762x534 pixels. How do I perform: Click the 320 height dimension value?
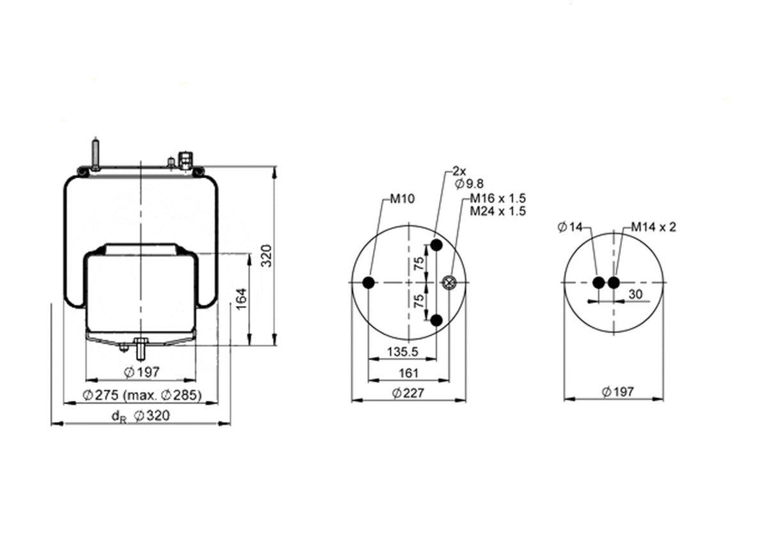tap(266, 255)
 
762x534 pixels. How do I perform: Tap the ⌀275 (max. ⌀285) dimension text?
tap(142, 395)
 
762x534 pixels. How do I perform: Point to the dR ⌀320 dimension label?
tap(141, 416)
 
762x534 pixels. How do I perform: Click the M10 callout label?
tap(402, 198)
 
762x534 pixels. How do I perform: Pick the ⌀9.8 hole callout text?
tap(469, 183)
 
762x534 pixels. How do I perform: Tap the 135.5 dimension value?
tap(402, 351)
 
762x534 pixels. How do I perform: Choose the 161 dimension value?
tap(408, 373)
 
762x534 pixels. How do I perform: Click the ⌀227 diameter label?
tap(408, 392)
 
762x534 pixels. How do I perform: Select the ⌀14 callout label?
tap(570, 227)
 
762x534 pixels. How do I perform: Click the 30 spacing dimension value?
tap(636, 294)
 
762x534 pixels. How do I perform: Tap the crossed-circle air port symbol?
tap(449, 282)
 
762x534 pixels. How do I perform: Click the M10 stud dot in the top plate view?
tap(369, 282)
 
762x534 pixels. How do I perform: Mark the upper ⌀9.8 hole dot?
tap(436, 245)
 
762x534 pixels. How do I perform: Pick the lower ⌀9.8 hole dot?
tap(436, 320)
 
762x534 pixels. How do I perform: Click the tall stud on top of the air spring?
tap(95, 155)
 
